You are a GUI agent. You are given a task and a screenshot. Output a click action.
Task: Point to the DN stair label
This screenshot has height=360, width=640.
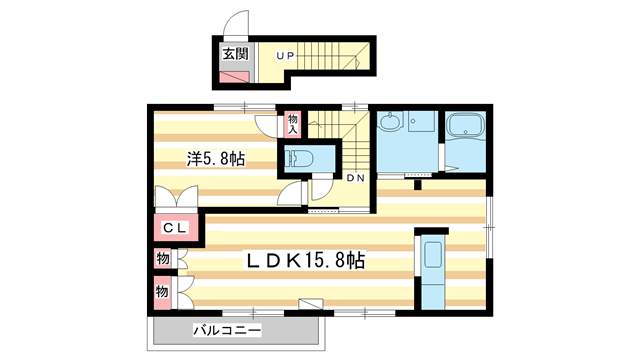[x=355, y=178]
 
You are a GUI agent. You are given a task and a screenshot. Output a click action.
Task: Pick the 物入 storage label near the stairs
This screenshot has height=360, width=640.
[x=293, y=124]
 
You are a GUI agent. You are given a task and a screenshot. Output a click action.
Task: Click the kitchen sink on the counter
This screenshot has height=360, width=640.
[x=432, y=254]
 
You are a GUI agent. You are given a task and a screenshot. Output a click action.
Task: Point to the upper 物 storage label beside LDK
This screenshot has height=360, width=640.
[x=160, y=260]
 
